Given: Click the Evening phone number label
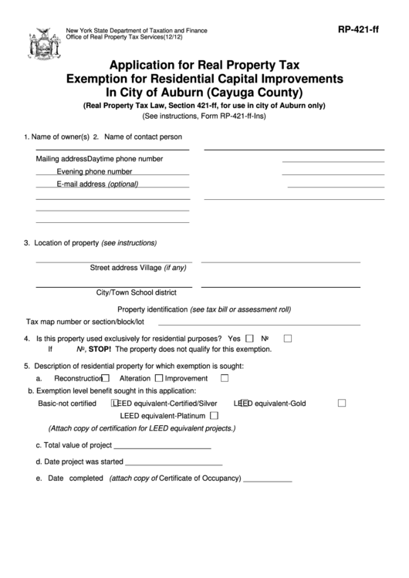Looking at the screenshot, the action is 94,171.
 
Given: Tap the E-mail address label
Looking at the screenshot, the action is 81,184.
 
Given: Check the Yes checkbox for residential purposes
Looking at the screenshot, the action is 249,338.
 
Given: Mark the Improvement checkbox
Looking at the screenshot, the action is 225,379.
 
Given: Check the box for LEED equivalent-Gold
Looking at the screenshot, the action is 342,403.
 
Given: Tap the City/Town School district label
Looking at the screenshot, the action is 136,293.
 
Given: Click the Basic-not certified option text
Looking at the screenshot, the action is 67,403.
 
